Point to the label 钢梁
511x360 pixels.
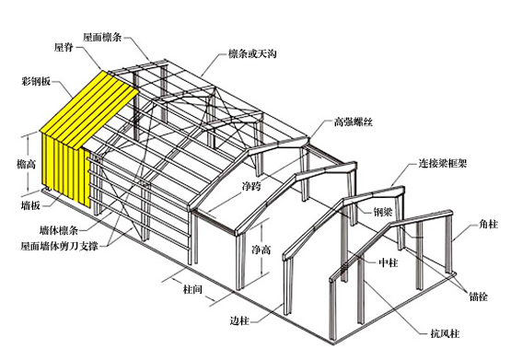(383, 211)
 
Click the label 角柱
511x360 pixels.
(487, 224)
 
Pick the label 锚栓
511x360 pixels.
(478, 296)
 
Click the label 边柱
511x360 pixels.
(240, 320)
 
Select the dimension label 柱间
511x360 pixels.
(192, 289)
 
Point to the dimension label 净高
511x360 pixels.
(261, 250)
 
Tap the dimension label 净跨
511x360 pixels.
(251, 187)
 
